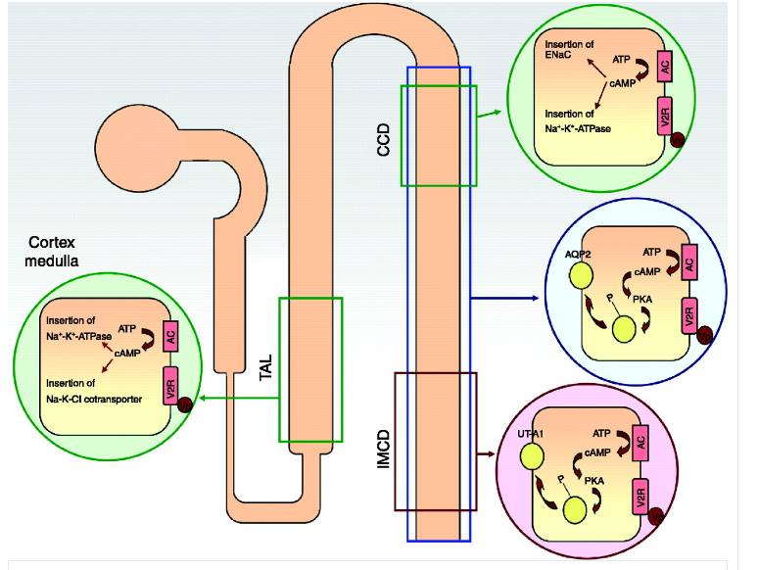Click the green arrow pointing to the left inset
(x=235, y=399)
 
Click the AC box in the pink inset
(x=641, y=443)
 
